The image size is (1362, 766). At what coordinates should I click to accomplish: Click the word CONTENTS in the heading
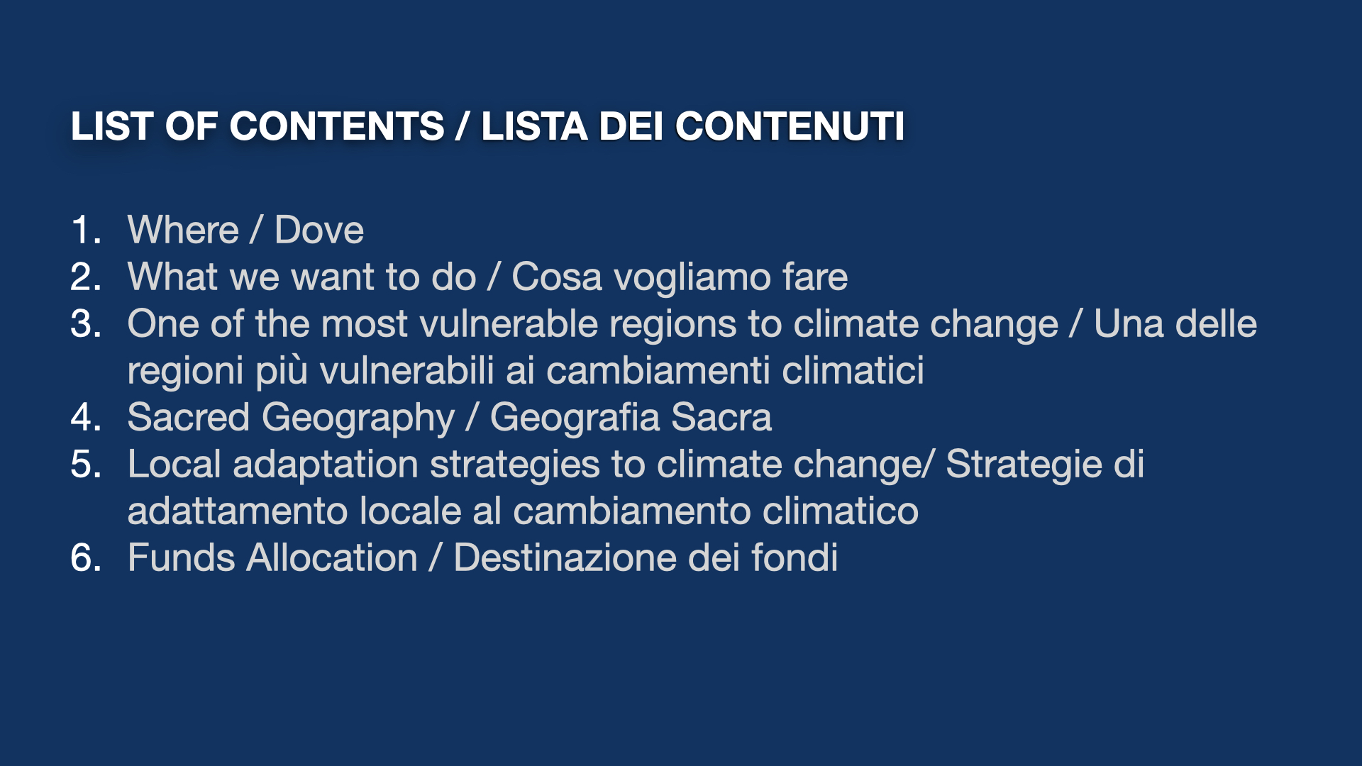[337, 126]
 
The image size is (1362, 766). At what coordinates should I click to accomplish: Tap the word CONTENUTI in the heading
[790, 126]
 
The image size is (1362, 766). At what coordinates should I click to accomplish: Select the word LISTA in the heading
[534, 126]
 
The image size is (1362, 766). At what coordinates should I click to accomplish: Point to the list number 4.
[86, 417]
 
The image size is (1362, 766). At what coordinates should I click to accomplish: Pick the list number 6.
[86, 557]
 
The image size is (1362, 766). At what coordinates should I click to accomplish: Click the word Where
[183, 230]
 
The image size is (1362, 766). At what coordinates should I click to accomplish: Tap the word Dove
[319, 230]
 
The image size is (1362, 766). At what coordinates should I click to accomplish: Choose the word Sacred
[188, 417]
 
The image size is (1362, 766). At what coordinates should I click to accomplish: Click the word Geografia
[575, 417]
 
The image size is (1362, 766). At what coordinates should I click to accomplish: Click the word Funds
[182, 557]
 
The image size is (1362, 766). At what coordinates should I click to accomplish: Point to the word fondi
[794, 557]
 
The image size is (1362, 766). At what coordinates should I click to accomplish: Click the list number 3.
[86, 323]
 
